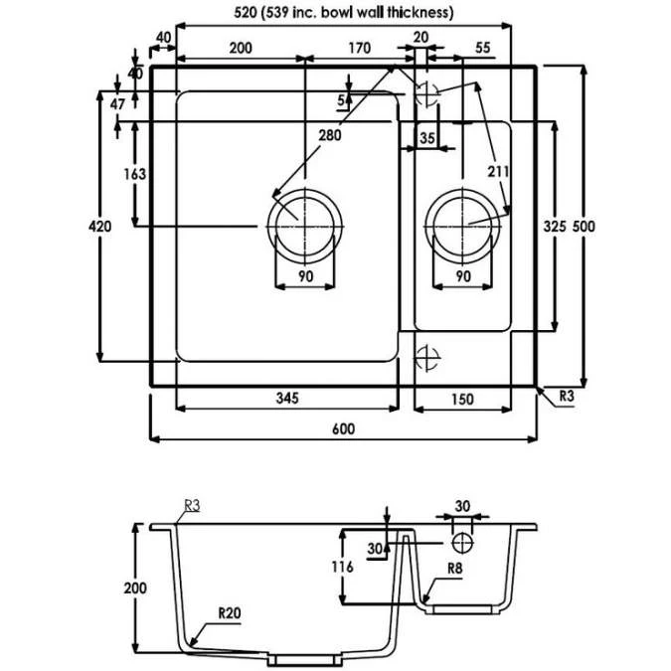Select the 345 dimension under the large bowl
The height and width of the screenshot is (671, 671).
click(287, 399)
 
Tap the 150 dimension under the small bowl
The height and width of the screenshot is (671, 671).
click(461, 399)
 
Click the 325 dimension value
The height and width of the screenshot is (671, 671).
click(555, 227)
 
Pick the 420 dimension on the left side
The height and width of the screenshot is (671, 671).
click(99, 227)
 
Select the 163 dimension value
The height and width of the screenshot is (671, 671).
click(135, 174)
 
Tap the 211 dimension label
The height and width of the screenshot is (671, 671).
click(498, 172)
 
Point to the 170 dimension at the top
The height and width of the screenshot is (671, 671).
click(360, 48)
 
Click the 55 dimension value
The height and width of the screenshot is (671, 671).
click(484, 48)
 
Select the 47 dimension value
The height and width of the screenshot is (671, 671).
click(118, 103)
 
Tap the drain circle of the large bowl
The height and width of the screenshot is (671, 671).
click(304, 225)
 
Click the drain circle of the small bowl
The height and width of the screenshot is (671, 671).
click(462, 225)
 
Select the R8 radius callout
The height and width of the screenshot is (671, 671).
click(456, 570)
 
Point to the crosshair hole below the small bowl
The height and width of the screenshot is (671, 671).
click(427, 357)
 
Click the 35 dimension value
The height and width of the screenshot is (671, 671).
click(427, 138)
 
